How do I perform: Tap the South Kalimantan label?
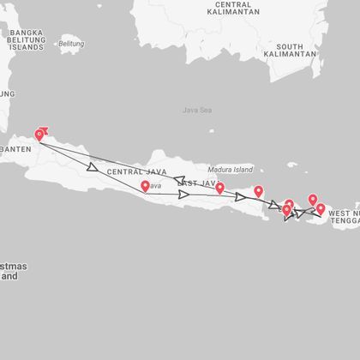point(290,51)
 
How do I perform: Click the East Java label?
point(195,183)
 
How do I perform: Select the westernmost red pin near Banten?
point(39,135)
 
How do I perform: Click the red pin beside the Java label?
point(144,187)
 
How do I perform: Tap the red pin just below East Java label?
point(219,188)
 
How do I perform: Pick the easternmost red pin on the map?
point(321,208)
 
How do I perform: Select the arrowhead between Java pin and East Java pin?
point(183,195)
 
